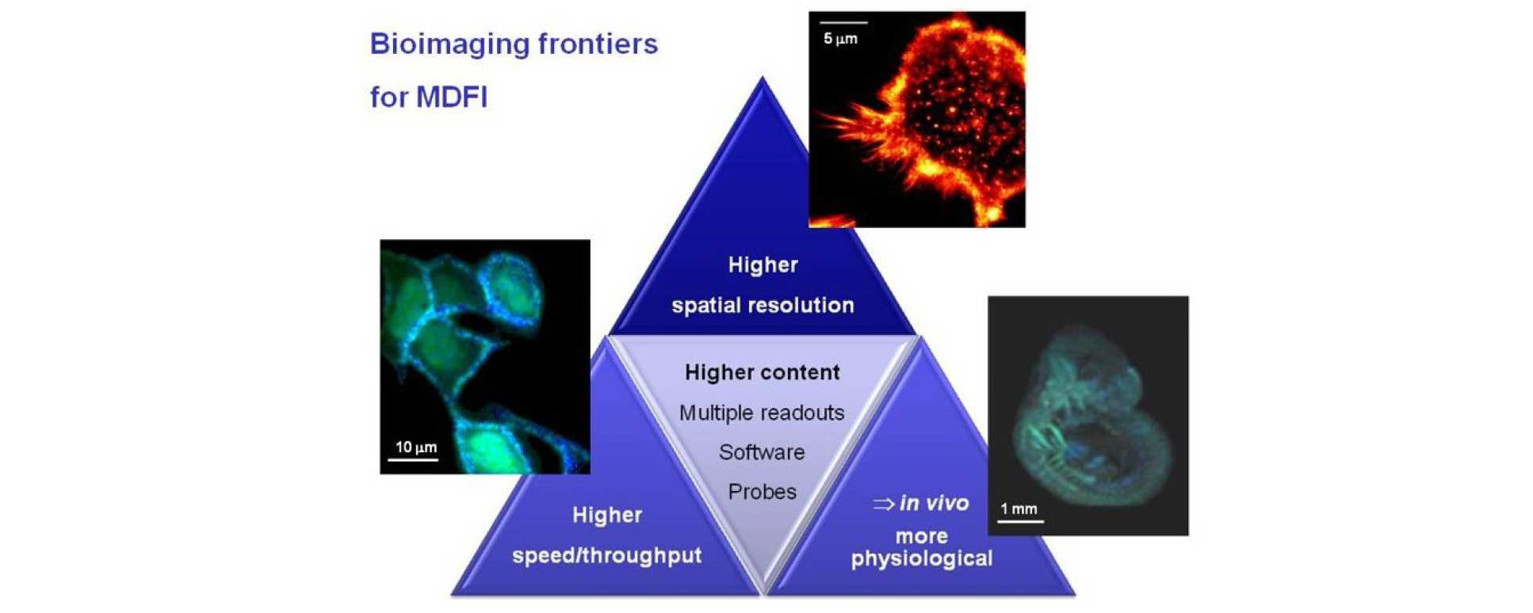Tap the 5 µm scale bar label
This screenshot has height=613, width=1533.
click(840, 38)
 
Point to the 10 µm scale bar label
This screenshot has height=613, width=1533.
click(416, 447)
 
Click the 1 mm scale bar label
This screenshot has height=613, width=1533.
click(1019, 509)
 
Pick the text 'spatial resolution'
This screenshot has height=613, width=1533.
click(763, 306)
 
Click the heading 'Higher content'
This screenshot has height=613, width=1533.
click(762, 372)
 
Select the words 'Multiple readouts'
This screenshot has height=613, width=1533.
click(762, 413)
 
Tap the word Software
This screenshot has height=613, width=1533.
click(762, 452)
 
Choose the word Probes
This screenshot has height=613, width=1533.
click(762, 492)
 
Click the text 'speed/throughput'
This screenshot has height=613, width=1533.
click(607, 556)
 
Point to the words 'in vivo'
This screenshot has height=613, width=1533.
click(934, 504)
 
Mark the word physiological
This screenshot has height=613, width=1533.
click(922, 558)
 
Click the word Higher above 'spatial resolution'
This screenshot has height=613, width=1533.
click(763, 265)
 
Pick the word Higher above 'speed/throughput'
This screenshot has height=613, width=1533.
click(607, 516)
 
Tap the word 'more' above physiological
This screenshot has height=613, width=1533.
click(922, 537)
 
